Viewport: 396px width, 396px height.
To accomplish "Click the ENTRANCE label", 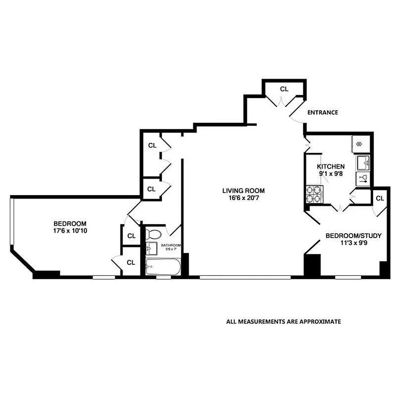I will click(x=322, y=112).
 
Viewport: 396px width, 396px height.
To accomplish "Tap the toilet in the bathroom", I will click(x=154, y=234).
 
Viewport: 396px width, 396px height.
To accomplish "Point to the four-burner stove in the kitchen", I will click(x=313, y=194).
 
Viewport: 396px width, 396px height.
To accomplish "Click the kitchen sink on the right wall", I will click(x=363, y=161).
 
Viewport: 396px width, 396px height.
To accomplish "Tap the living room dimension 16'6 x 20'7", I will click(x=243, y=198).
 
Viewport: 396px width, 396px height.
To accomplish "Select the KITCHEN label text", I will click(x=331, y=167).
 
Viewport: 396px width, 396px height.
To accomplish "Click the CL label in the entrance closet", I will click(x=284, y=89).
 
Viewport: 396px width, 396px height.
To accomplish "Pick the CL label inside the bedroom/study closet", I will click(x=380, y=198).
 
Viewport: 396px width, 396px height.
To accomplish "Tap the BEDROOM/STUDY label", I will click(x=347, y=236).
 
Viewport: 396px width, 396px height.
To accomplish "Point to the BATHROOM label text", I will click(x=171, y=246).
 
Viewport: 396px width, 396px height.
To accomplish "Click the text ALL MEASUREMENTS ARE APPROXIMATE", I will click(x=284, y=321).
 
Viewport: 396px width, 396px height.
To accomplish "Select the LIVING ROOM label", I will click(x=243, y=191).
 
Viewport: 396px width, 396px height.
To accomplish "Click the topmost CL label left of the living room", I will click(x=152, y=146).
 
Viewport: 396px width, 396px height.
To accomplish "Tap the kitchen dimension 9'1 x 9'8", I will click(x=331, y=174).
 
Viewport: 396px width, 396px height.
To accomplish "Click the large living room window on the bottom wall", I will click(x=245, y=277).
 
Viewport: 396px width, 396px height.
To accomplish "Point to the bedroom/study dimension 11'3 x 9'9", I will click(x=347, y=244).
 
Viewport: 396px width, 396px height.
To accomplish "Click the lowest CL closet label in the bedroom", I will click(x=131, y=262).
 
